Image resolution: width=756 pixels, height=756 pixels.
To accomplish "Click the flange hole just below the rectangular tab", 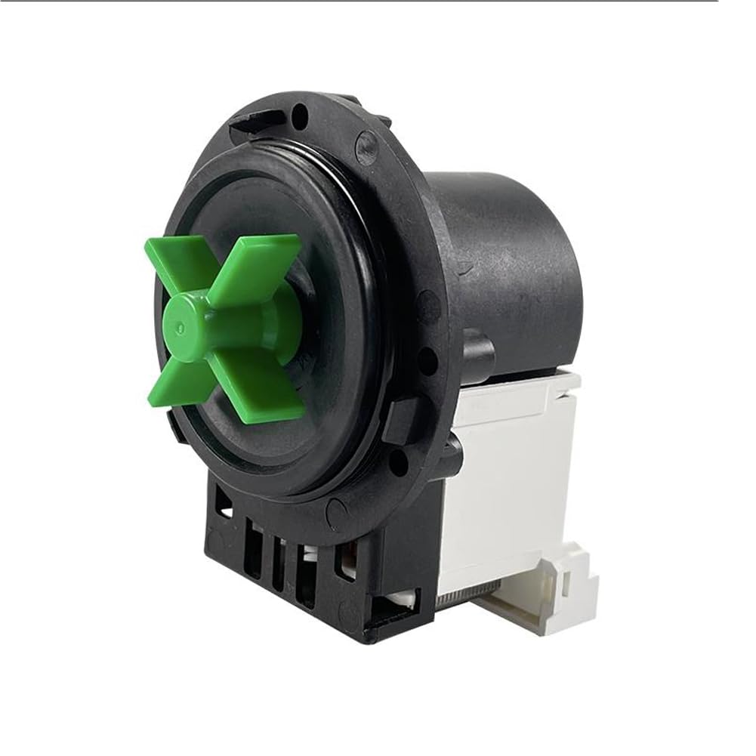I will point(398,460).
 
